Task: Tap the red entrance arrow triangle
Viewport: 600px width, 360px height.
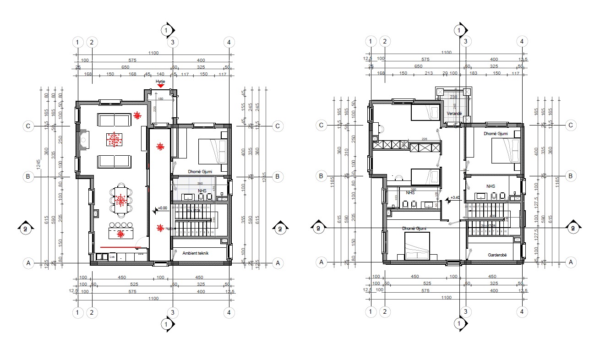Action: (x=160, y=85)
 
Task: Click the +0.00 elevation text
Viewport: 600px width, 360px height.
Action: (x=162, y=207)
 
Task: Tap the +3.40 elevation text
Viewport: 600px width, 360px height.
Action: (x=455, y=198)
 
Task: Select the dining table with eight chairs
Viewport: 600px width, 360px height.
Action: (x=121, y=200)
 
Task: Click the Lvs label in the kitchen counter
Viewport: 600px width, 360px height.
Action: (x=111, y=257)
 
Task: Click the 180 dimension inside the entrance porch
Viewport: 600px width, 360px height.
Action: (x=160, y=98)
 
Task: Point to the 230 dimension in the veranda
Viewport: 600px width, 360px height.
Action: (x=453, y=97)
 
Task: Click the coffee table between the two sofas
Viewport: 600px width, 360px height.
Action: (x=114, y=140)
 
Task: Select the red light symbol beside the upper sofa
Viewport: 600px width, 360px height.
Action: (x=137, y=115)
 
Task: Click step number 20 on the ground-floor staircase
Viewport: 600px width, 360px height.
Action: (x=174, y=207)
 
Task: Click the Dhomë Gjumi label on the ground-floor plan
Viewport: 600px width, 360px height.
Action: (x=200, y=172)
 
